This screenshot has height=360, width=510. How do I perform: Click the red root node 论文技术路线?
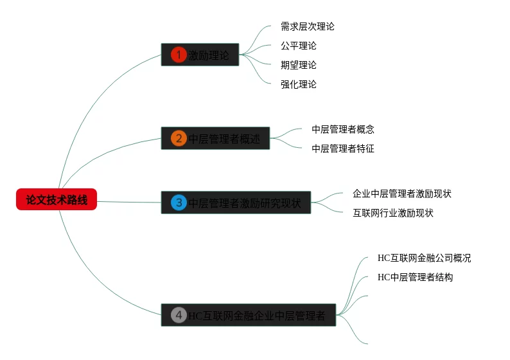(57, 200)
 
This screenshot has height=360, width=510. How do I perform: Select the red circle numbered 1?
(179, 55)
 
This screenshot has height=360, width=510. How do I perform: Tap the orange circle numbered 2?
(179, 138)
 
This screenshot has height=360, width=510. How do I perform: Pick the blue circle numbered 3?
(179, 203)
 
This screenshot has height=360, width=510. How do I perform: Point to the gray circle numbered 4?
(179, 315)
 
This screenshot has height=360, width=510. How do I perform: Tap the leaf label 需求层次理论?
(307, 27)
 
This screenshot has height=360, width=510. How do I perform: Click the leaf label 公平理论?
(298, 46)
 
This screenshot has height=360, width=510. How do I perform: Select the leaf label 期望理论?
(298, 65)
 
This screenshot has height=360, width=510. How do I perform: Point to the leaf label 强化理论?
(298, 84)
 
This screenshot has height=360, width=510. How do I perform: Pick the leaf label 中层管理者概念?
(343, 129)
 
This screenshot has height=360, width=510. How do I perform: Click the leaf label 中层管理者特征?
(343, 148)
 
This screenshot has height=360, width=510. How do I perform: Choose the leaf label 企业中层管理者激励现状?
(398, 194)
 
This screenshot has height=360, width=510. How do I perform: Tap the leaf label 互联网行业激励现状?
(392, 213)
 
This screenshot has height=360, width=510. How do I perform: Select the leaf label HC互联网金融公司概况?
(424, 258)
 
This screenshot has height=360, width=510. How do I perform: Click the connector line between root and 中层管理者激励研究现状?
(128, 202)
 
